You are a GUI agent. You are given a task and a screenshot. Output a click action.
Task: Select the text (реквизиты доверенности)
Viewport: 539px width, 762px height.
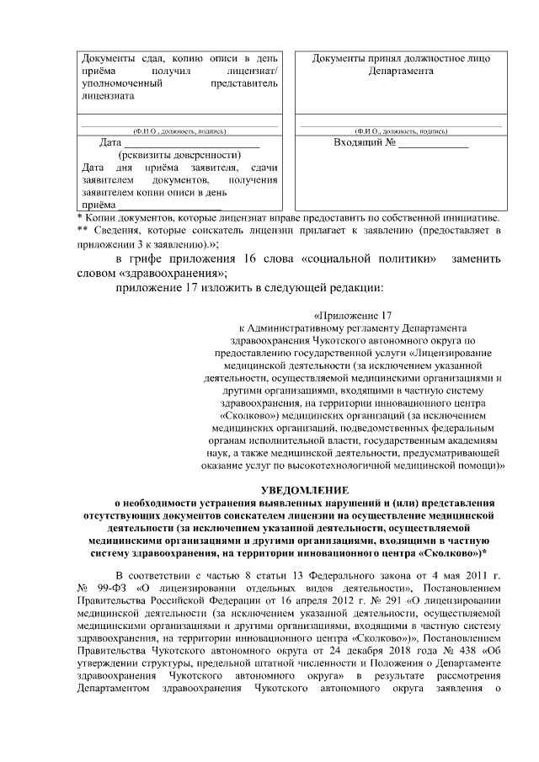181,155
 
